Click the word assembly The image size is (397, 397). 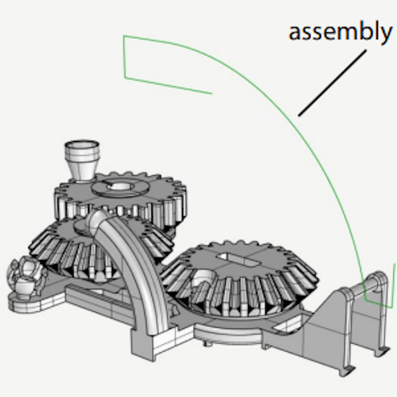[x=339, y=32]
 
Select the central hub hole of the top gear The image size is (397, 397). [x=120, y=187]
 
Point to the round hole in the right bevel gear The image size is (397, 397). [x=205, y=277]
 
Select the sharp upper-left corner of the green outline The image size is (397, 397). [x=124, y=38]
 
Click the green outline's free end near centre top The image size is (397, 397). [x=210, y=93]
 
